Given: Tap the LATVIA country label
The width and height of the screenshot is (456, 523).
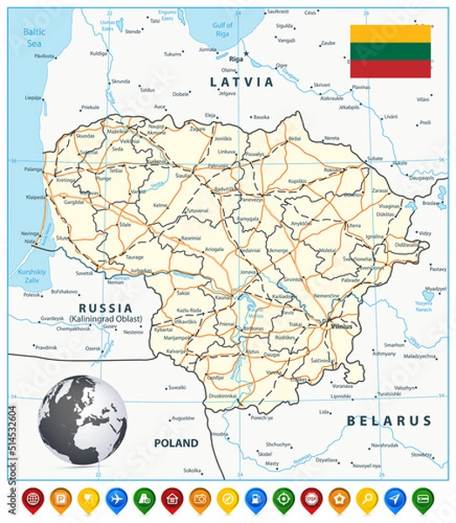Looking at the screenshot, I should pos(238,80).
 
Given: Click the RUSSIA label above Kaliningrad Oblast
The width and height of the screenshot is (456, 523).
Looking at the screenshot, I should pos(105,309).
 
